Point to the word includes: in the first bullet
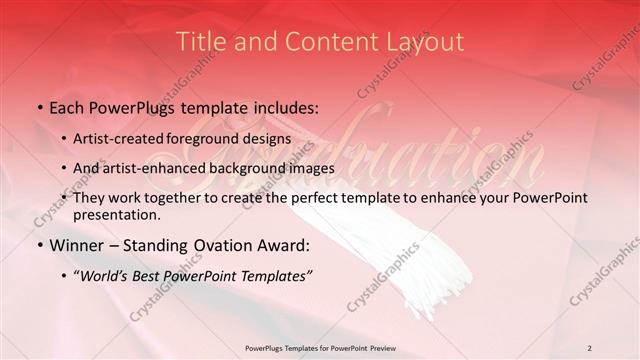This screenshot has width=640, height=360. [x=281, y=106]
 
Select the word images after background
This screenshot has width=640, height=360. [x=310, y=168]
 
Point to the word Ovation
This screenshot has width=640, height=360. [x=227, y=245]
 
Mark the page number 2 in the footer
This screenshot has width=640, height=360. [x=589, y=347]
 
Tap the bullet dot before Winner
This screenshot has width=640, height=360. [x=39, y=246]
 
